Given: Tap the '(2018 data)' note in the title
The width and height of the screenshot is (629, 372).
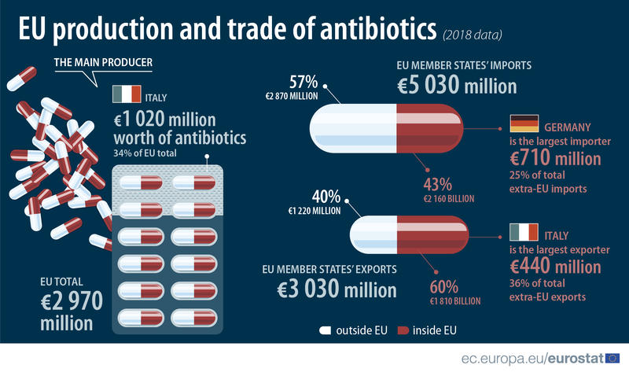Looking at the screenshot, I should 473,35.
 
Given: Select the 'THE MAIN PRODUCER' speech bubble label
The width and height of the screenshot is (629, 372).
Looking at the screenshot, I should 103,62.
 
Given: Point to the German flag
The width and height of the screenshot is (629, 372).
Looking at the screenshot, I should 524,123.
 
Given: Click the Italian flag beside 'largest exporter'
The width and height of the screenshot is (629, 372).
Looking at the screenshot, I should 524,233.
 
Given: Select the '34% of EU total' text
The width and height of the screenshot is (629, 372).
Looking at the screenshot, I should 147,153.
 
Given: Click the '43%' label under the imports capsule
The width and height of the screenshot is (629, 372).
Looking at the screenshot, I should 437,185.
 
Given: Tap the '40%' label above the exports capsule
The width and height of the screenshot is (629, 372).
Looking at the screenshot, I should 326,196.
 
